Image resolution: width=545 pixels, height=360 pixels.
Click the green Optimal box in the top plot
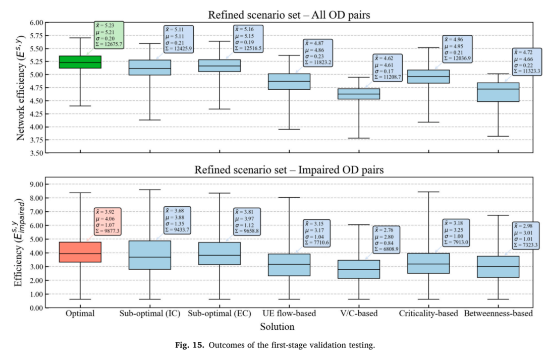[x=80, y=62]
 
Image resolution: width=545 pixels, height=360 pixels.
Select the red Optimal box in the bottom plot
[x=80, y=252]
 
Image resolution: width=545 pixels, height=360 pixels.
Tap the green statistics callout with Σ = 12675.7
[x=109, y=35]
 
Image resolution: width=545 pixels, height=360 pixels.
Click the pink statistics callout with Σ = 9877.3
[x=108, y=221]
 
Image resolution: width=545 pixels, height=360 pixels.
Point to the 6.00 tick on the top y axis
[x=36, y=23]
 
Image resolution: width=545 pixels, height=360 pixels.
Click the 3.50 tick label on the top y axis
[x=36, y=153]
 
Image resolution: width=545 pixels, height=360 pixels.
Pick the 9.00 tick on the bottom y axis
[x=36, y=184]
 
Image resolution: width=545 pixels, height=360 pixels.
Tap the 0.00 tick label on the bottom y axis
[x=36, y=308]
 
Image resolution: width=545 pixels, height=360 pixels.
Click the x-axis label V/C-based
[x=359, y=314]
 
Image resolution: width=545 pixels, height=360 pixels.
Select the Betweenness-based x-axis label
[x=498, y=314]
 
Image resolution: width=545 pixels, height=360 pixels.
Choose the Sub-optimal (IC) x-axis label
[x=150, y=314]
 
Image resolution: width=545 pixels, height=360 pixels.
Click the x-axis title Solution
[x=277, y=327]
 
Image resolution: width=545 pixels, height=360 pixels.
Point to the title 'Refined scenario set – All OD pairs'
[x=289, y=15]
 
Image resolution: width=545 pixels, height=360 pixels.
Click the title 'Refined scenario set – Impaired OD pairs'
[x=289, y=170]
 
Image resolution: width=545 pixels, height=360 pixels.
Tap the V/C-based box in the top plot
[x=359, y=94]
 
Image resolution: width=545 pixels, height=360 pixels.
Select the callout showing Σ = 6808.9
[x=387, y=239]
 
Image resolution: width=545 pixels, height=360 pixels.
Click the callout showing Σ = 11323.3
[x=527, y=62]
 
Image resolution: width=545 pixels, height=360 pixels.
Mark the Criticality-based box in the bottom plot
[x=428, y=263]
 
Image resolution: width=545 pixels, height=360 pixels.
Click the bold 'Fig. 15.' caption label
[x=189, y=345]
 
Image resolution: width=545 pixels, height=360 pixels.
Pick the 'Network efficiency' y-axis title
[x=21, y=88]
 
